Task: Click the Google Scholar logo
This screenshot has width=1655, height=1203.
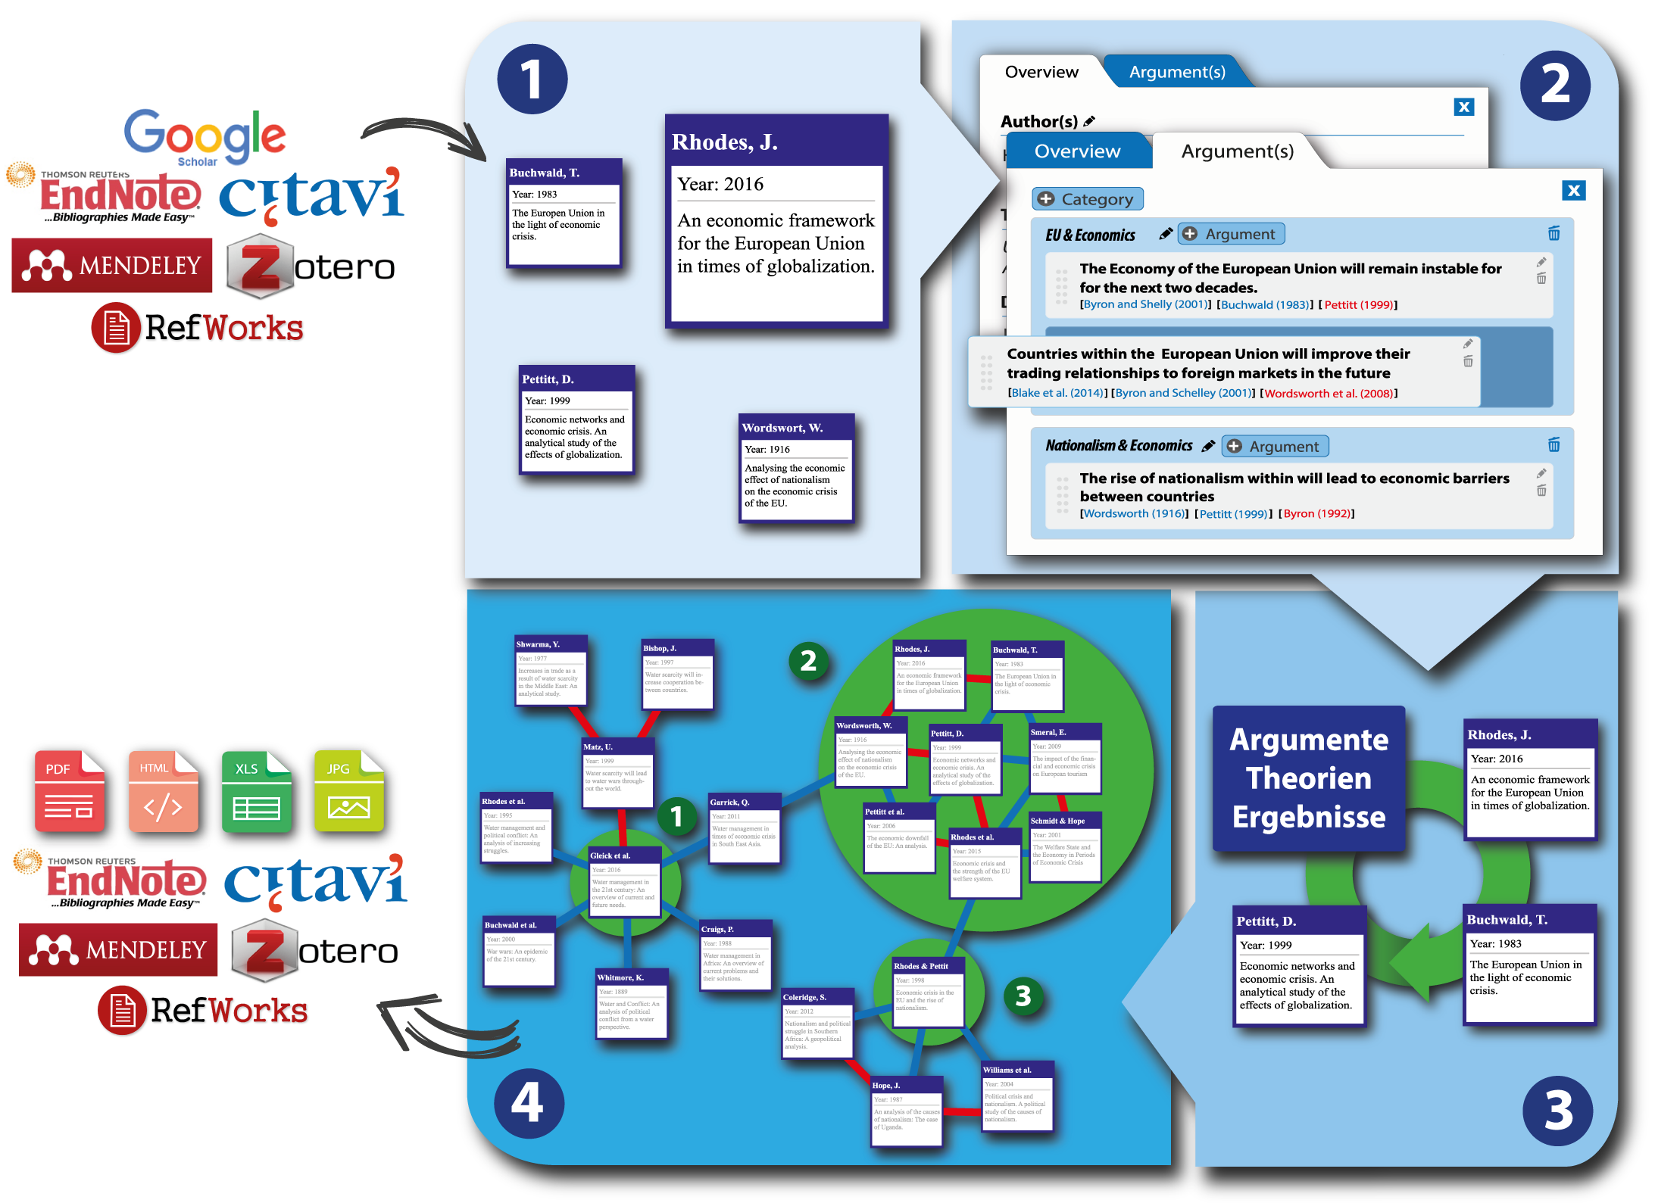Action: click(x=205, y=137)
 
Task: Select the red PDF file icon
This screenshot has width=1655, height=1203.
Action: click(x=69, y=790)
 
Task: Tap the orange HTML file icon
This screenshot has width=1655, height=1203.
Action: click(x=163, y=790)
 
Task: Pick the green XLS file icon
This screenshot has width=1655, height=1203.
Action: click(x=256, y=790)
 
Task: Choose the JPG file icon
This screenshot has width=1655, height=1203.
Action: click(x=348, y=790)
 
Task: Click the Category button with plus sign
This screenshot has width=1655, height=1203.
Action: click(x=1088, y=199)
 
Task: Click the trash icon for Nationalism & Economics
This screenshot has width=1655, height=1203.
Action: click(x=1554, y=445)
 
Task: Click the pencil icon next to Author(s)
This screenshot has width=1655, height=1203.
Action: click(x=1089, y=121)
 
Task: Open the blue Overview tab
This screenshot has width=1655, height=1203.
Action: click(x=1077, y=151)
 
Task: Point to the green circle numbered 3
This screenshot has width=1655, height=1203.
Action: click(x=1023, y=996)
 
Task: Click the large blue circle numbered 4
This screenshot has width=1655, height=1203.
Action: click(x=529, y=1102)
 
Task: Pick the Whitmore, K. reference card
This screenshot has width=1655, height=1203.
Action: click(x=632, y=1004)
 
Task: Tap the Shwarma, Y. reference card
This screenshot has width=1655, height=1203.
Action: click(x=551, y=670)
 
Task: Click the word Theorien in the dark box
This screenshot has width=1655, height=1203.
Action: click(x=1309, y=778)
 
